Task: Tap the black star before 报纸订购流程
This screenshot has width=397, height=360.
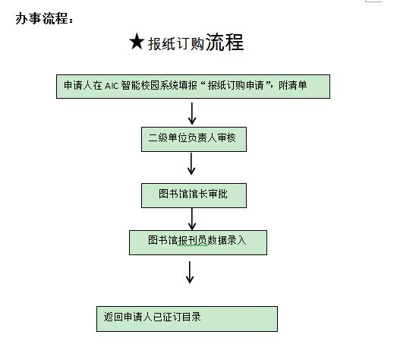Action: pos(137,41)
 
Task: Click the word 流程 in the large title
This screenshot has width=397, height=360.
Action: pos(225,42)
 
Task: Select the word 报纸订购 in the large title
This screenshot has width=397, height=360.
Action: pos(176,44)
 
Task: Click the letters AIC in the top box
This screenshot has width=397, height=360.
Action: pos(112,86)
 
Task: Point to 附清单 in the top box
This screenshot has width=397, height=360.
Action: pos(293,85)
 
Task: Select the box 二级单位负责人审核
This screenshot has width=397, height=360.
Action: pos(194,139)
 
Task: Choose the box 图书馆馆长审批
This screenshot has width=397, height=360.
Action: pos(194,195)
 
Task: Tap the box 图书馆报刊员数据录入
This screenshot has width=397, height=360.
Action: pos(198,242)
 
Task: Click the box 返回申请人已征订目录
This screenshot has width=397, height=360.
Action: pos(187,319)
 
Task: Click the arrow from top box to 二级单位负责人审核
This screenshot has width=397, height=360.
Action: pos(192,113)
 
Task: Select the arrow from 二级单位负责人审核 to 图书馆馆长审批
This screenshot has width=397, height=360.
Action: pos(191,163)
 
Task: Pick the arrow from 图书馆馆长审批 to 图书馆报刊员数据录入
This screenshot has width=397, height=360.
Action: pos(192,219)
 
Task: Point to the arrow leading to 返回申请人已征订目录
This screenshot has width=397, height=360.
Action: pos(190,273)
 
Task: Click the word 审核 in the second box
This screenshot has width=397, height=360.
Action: pos(227,138)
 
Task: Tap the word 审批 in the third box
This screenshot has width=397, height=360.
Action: pos(218,194)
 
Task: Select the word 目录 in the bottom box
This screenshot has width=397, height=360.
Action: pos(191,317)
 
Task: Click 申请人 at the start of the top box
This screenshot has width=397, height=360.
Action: pos(77,85)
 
